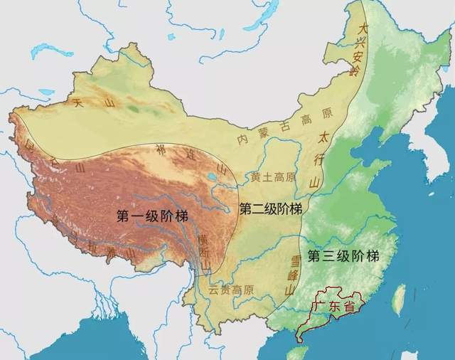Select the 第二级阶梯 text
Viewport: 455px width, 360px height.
(271, 209)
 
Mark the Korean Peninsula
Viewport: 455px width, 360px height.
(427, 153)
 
